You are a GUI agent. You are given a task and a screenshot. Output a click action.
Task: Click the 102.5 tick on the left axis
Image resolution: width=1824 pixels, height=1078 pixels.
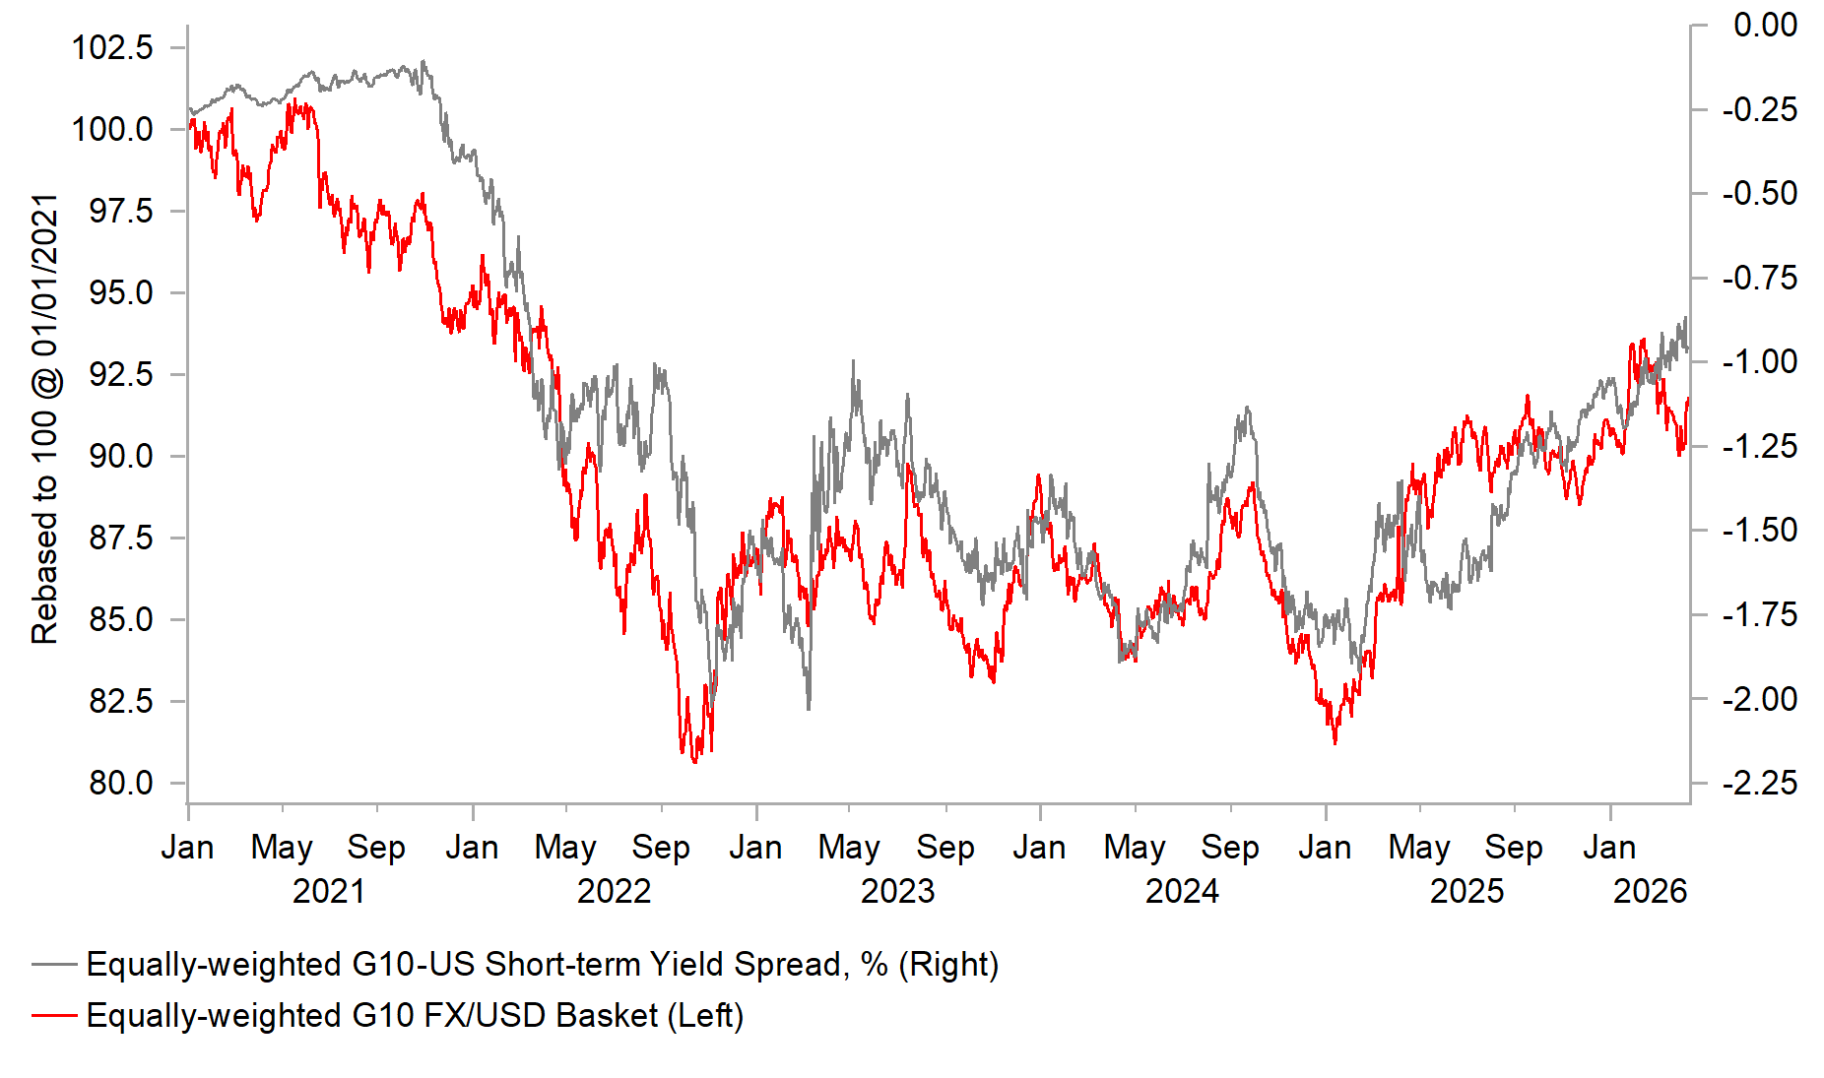(112, 47)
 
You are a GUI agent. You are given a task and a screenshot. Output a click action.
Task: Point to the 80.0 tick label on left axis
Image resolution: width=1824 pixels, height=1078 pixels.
(121, 784)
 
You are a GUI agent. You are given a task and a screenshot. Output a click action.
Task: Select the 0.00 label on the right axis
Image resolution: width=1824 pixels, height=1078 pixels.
(1765, 26)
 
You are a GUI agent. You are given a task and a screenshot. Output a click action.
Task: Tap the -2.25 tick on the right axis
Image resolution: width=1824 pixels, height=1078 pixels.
(1760, 784)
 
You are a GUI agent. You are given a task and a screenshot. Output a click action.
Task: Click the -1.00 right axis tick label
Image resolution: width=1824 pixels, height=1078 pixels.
(1760, 362)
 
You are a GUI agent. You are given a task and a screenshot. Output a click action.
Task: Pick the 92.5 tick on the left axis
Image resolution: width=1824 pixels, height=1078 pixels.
(121, 375)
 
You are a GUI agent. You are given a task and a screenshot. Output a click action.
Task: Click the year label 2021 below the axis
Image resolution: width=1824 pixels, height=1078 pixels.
(329, 892)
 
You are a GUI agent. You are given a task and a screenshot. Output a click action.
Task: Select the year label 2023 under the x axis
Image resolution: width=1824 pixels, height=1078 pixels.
(897, 892)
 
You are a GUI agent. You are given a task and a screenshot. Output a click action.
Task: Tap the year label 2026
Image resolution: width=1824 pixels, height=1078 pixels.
(1650, 892)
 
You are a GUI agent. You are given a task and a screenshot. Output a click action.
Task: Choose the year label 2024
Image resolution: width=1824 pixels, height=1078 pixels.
(1182, 892)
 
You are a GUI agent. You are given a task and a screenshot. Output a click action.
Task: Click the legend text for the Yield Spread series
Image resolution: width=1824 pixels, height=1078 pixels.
(542, 965)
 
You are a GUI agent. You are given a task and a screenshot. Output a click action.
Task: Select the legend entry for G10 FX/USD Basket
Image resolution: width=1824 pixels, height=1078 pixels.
(415, 1016)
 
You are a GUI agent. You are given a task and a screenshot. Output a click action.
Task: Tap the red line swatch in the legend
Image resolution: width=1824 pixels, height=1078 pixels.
(54, 1015)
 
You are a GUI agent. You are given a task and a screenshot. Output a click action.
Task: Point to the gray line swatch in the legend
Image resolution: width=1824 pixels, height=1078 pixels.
(54, 964)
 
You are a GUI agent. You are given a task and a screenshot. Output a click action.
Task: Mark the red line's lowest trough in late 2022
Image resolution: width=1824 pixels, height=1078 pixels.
(695, 761)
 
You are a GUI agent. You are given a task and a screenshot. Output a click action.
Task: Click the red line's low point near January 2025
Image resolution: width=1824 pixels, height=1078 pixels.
(1335, 742)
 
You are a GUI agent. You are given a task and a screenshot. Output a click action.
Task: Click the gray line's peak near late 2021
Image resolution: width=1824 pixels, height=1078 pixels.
(423, 62)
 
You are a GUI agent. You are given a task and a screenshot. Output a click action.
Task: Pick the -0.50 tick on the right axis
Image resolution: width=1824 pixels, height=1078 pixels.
(1760, 194)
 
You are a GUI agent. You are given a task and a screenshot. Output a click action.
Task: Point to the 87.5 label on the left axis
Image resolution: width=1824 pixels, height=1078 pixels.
(121, 539)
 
